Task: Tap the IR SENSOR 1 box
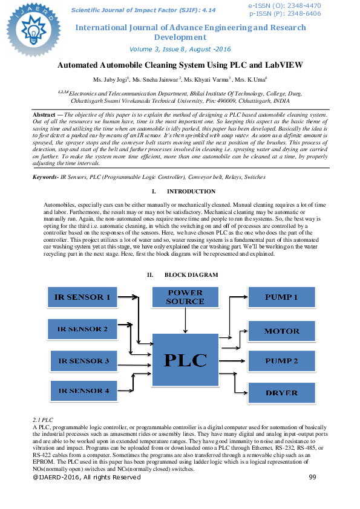click(x=83, y=297)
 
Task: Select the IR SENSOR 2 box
click(x=83, y=329)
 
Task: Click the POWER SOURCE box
click(x=185, y=297)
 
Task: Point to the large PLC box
click(x=185, y=360)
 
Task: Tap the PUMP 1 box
click(x=282, y=297)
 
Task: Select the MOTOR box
click(x=282, y=331)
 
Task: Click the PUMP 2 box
click(x=282, y=361)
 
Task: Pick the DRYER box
click(x=282, y=393)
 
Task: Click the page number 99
click(x=312, y=477)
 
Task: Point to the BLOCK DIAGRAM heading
click(x=191, y=275)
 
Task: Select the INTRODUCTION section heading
click(x=191, y=192)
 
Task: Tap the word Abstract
click(x=44, y=114)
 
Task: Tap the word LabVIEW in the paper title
click(x=281, y=65)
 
